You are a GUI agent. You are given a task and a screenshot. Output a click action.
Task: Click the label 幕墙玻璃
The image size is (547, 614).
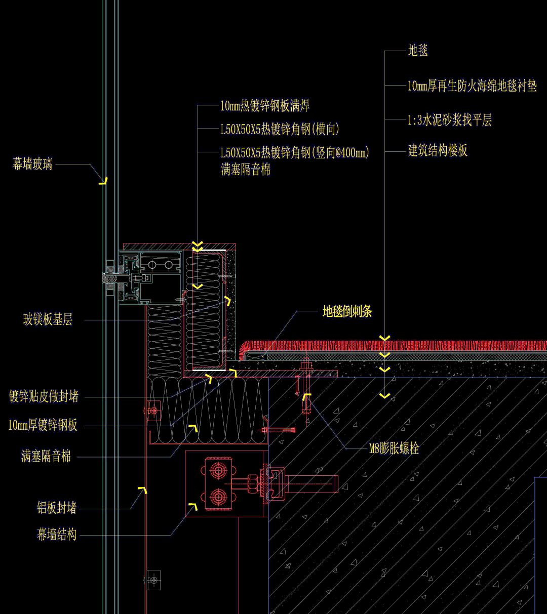(32, 164)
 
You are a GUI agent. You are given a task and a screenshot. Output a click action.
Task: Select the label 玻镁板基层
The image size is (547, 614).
(48, 319)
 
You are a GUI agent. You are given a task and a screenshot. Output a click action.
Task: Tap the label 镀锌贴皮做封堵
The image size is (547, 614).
(44, 396)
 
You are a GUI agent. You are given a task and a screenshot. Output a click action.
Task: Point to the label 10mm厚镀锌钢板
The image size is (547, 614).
(43, 425)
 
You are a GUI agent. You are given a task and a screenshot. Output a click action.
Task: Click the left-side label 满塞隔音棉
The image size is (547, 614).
(46, 457)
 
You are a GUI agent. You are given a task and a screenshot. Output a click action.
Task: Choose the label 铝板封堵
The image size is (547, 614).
(57, 508)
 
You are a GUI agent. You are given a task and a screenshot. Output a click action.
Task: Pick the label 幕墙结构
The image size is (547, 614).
(57, 534)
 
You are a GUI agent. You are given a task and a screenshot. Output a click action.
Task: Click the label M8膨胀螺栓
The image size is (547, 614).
(394, 448)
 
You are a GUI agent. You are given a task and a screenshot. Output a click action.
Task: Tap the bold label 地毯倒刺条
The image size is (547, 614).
(347, 311)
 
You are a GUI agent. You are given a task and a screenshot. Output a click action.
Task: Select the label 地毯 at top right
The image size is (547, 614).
(418, 51)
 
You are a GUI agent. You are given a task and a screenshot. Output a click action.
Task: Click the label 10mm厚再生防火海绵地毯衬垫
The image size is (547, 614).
(472, 86)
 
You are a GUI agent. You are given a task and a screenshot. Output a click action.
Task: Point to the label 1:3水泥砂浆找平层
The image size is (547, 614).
(450, 120)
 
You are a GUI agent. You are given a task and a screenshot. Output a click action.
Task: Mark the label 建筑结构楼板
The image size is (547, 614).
(438, 150)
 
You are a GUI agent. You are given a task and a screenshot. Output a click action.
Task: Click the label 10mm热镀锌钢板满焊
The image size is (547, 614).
(265, 106)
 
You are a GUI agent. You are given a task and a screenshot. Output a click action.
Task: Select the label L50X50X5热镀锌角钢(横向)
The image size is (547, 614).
(280, 130)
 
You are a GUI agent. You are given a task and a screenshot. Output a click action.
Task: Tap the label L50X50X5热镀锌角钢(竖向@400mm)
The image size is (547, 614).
(295, 153)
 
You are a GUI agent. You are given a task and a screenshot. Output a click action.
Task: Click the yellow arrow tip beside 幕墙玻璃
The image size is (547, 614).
(103, 181)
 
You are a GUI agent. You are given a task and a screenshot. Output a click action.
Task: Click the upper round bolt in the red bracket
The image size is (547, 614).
(218, 471)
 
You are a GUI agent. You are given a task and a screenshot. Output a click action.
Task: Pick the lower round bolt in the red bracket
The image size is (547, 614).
(218, 497)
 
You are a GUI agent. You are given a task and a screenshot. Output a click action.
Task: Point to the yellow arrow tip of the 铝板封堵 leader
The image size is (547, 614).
(143, 490)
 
